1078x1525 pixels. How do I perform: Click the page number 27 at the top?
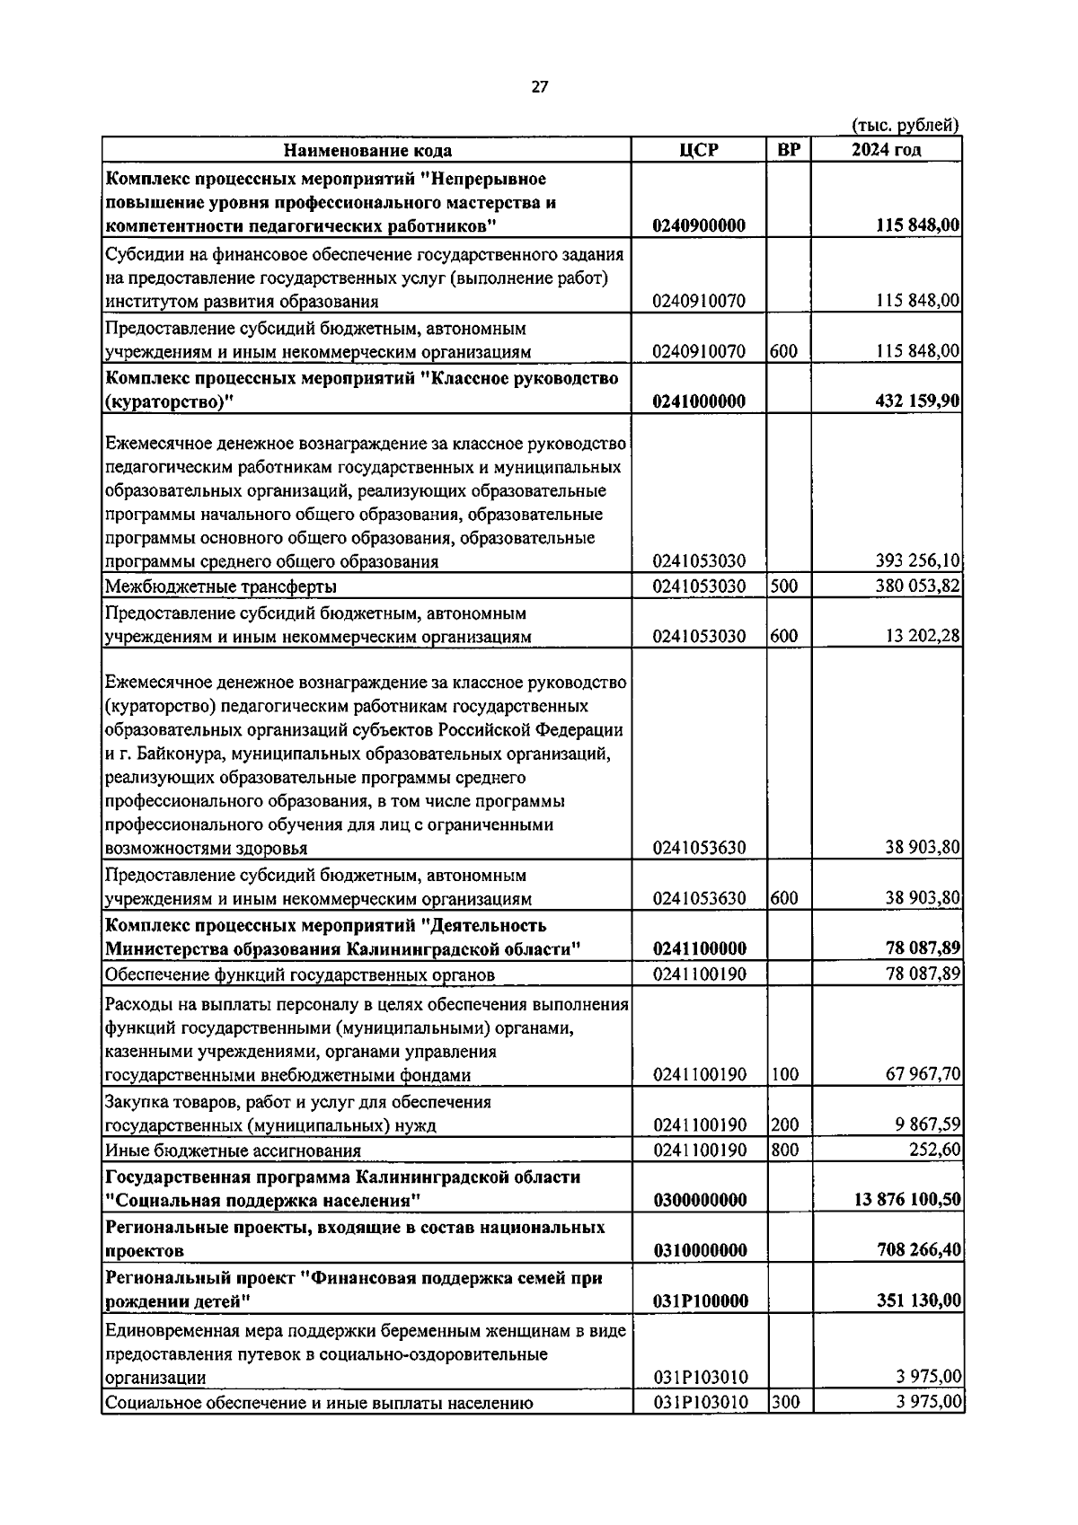pyautogui.click(x=539, y=87)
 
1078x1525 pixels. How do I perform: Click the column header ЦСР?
pyautogui.click(x=699, y=150)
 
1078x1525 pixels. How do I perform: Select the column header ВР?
pyautogui.click(x=788, y=150)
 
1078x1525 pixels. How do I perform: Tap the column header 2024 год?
pyautogui.click(x=886, y=150)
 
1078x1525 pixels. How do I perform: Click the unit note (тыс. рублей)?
pyautogui.click(x=905, y=126)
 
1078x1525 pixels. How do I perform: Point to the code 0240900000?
pyautogui.click(x=699, y=225)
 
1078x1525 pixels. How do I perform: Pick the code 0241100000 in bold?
pyautogui.click(x=699, y=949)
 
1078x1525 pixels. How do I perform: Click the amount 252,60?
pyautogui.click(x=934, y=1150)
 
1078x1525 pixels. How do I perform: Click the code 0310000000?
pyautogui.click(x=699, y=1251)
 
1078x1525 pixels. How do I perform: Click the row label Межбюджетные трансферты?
pyautogui.click(x=221, y=587)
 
